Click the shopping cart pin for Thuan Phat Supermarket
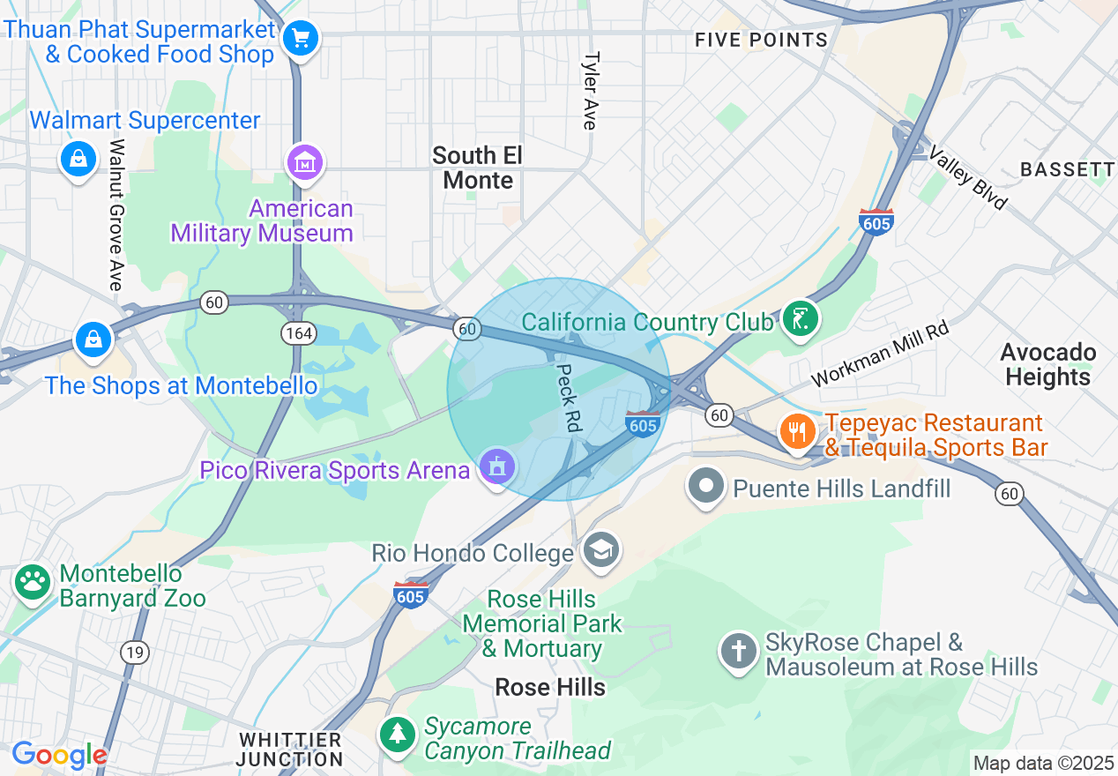tap(302, 39)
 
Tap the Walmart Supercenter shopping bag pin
tap(78, 160)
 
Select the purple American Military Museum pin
tap(305, 162)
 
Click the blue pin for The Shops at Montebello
tap(93, 339)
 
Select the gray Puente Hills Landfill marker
tap(706, 487)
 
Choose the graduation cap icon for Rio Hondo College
tap(602, 550)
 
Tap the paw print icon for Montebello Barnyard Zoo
tap(34, 582)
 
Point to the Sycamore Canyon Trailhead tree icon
tap(399, 734)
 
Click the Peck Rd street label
tap(569, 398)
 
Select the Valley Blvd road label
tap(967, 179)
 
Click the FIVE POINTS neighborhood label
tap(761, 41)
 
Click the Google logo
tap(59, 755)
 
